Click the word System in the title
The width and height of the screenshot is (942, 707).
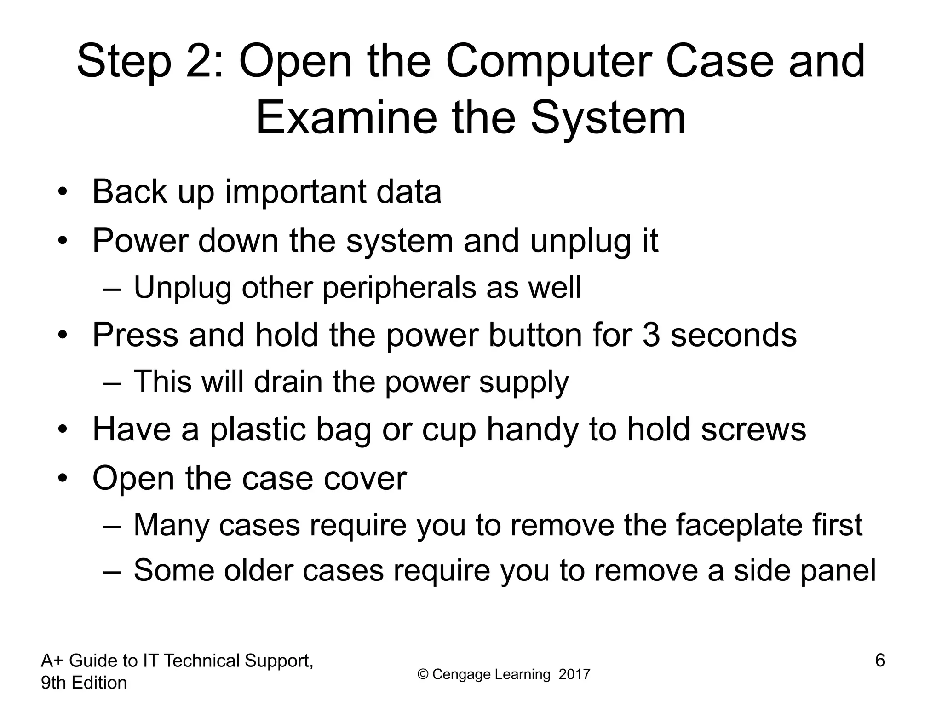(x=608, y=119)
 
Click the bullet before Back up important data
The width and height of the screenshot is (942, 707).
(x=63, y=192)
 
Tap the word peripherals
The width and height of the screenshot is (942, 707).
(x=398, y=288)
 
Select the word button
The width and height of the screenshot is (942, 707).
(x=534, y=335)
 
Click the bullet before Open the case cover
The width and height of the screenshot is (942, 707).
(x=63, y=479)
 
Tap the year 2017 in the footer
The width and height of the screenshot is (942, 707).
(x=574, y=675)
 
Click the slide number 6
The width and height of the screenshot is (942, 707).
(x=879, y=661)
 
